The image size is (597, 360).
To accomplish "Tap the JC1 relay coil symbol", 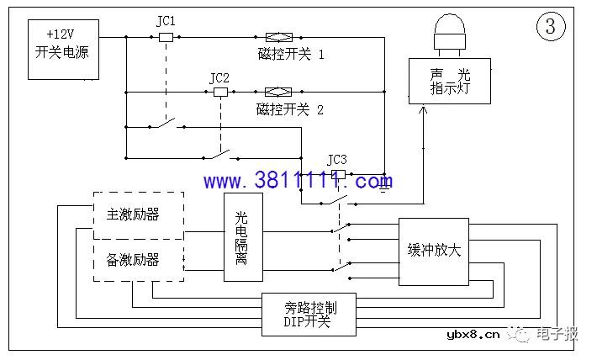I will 166,37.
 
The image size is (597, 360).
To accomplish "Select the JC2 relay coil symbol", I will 222,92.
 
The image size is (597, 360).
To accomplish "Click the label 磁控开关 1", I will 291,55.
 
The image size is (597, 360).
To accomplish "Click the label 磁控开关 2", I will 290,109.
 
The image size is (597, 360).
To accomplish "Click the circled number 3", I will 551,26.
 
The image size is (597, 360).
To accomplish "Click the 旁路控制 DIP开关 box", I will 309,315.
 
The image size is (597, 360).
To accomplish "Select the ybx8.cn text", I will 473,335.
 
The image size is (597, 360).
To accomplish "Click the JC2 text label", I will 219,77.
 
